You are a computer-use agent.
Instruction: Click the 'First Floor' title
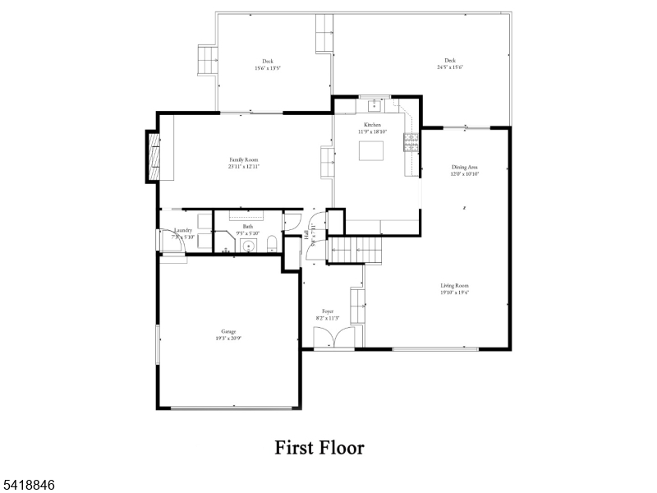[319, 448]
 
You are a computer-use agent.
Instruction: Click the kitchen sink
[374, 104]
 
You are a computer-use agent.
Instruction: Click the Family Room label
[244, 159]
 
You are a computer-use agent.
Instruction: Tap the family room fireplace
[154, 156]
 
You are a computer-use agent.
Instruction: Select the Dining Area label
[464, 167]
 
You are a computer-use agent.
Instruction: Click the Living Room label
[454, 285]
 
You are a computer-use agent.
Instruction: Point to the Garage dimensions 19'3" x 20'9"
[228, 338]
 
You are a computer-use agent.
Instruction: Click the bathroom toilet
[271, 242]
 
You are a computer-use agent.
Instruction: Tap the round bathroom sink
[249, 245]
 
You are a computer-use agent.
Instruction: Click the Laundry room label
[183, 231]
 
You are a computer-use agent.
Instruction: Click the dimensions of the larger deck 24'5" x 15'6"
[450, 67]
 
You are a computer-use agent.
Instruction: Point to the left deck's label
[268, 61]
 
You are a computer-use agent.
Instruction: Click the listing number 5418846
[30, 486]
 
